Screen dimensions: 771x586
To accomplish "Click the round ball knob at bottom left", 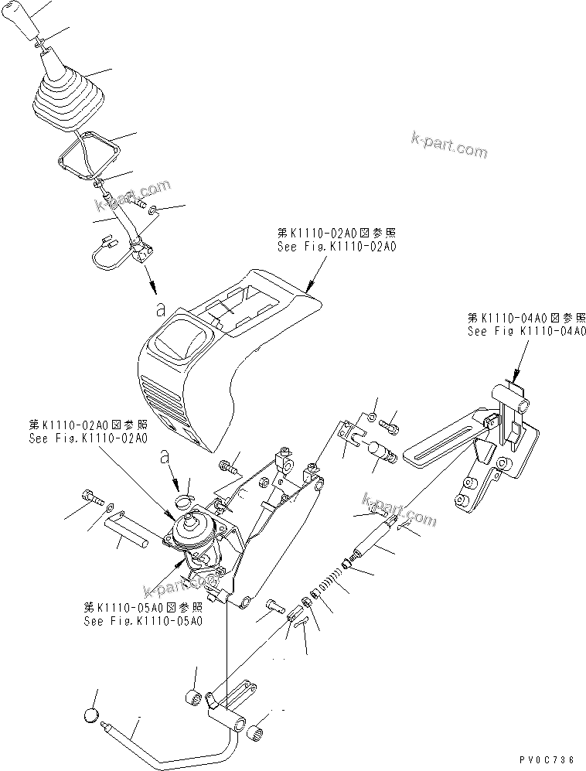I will (91, 715).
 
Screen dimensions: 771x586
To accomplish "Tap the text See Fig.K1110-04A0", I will (526, 331).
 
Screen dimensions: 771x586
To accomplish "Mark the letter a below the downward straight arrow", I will (160, 309).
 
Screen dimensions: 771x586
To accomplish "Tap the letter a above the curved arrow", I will (163, 456).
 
